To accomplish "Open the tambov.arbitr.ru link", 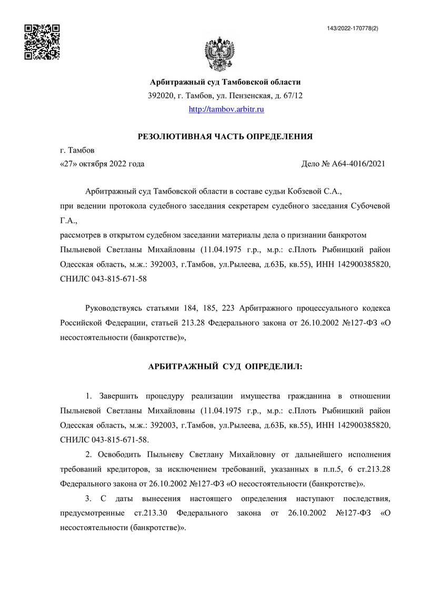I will point(226,109).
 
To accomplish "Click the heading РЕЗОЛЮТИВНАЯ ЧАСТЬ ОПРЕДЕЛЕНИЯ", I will point(225,137).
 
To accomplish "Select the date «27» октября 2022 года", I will point(103,164).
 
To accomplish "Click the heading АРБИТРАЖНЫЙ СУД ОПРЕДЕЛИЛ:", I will point(225,366).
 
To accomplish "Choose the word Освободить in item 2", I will point(122,453).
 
